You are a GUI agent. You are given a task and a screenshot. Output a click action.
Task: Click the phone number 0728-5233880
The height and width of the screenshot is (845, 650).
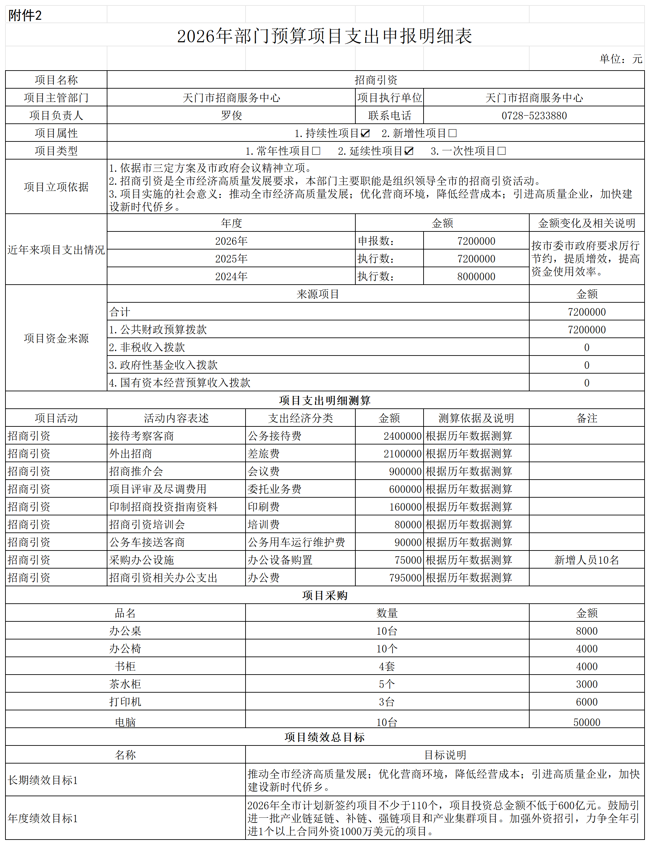point(534,116)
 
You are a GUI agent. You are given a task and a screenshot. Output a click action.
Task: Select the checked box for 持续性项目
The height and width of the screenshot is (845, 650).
point(365,133)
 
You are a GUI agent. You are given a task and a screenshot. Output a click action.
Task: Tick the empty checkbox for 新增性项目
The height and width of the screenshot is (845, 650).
point(452,133)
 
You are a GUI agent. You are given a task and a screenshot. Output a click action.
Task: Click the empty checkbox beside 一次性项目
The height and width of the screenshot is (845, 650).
point(501,151)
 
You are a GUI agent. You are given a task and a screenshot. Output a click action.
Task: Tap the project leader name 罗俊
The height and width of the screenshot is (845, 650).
point(231,116)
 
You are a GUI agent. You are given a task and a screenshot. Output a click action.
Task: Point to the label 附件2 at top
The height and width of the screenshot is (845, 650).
point(25,15)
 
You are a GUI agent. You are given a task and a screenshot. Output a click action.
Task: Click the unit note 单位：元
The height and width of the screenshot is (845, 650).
point(620,59)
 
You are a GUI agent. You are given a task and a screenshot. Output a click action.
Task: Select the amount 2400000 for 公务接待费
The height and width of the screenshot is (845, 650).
point(402,436)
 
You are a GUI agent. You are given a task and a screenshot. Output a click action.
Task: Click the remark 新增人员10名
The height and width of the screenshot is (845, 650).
point(586,560)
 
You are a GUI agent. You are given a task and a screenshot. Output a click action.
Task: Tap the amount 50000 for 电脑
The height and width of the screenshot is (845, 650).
point(586,722)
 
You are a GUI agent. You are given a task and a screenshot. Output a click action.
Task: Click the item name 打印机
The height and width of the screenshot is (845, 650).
point(125,701)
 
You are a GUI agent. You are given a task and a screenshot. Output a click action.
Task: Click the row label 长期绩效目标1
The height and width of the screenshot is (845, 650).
point(43,780)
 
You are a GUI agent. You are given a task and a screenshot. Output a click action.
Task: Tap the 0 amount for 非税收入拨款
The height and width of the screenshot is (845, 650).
point(586,347)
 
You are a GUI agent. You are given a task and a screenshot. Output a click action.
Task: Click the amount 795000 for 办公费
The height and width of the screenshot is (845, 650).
point(405,578)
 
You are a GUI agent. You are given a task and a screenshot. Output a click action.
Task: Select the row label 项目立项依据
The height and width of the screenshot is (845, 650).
point(56,187)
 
